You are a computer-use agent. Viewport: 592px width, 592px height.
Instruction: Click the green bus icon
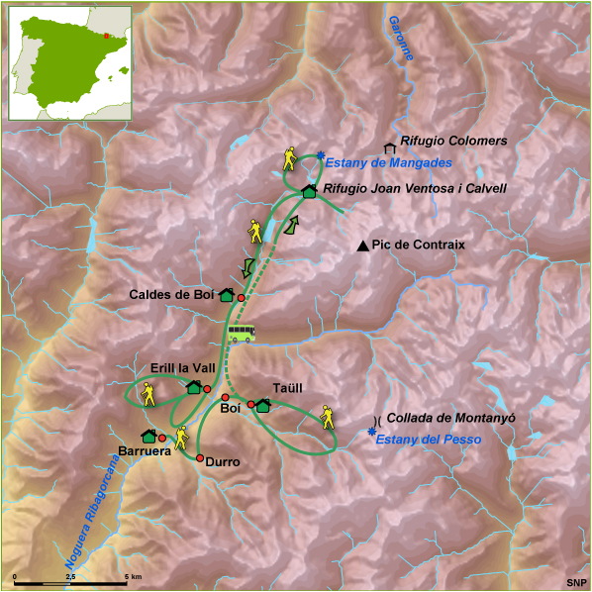point(242,333)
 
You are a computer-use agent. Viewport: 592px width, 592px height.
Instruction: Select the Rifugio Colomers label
point(453,142)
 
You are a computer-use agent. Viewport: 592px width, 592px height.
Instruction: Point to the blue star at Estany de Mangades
point(321,154)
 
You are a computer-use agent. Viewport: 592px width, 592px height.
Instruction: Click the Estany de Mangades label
point(389,162)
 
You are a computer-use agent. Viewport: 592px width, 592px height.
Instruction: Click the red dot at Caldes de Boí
point(242,297)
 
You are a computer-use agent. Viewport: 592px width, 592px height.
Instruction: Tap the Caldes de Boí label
point(171,295)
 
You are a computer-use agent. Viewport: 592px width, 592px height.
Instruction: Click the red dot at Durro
point(200,458)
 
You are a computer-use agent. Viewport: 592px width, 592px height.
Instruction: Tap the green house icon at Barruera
point(149,436)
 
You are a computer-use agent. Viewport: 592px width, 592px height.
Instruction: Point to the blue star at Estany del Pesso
point(372,433)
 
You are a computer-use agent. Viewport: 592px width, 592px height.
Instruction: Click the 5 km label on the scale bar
point(134,576)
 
